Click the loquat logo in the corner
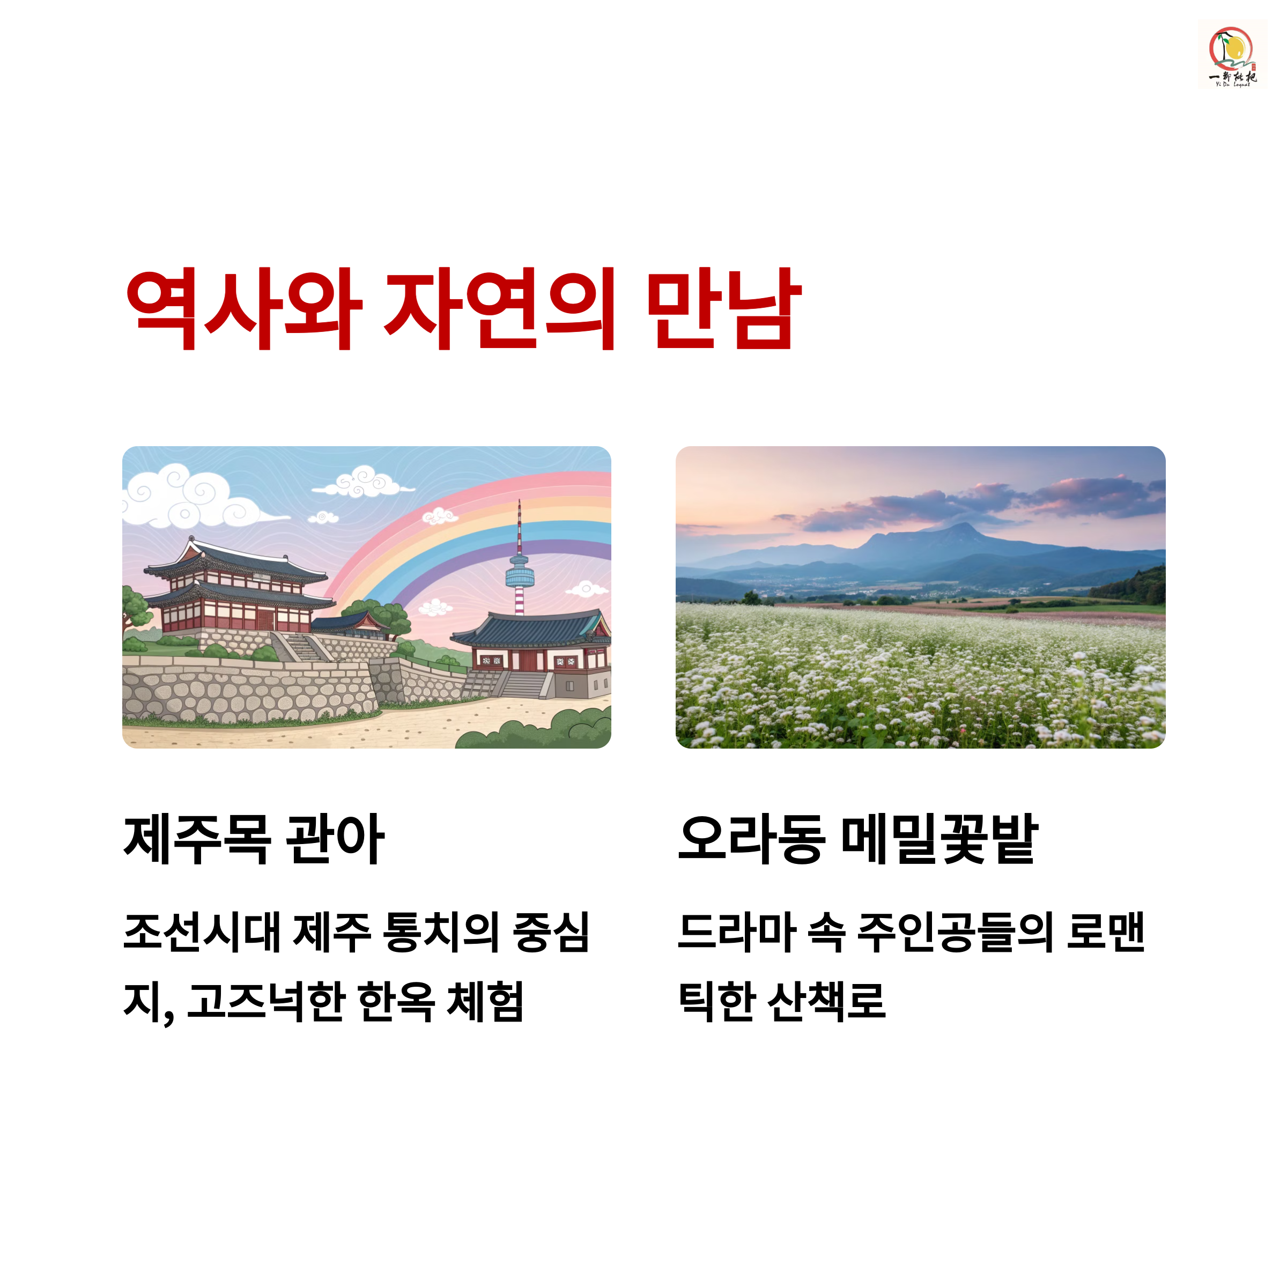pyautogui.click(x=1232, y=55)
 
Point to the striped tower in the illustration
pyautogui.click(x=520, y=566)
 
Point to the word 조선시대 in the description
pyautogui.click(x=202, y=931)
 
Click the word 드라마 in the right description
pyautogui.click(x=736, y=931)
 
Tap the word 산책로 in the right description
pyautogui.click(x=826, y=1001)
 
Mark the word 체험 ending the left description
pyautogui.click(x=485, y=1001)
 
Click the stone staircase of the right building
pyautogui.click(x=523, y=684)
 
